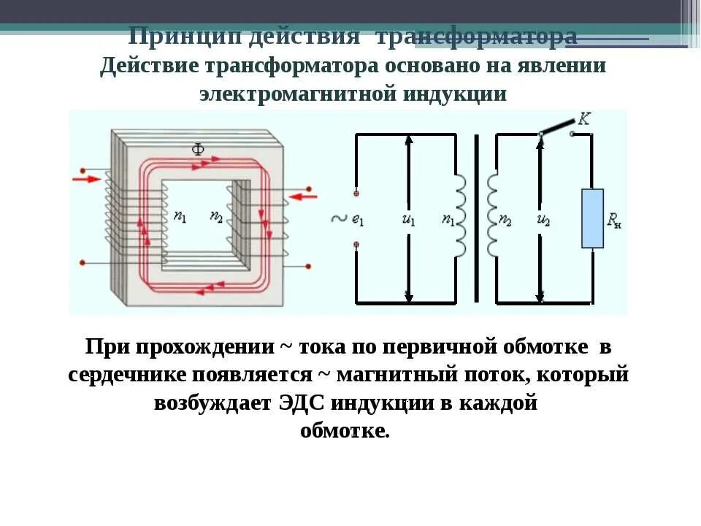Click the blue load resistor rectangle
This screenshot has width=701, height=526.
coord(592,218)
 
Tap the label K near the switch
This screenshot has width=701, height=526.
coord(583,119)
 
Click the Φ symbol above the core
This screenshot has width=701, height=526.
coord(198,150)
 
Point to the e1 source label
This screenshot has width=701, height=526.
coord(358,218)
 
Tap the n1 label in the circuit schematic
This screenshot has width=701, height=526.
coord(449,218)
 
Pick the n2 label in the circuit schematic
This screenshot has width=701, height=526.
coord(505,218)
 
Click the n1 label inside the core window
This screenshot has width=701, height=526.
coord(180,216)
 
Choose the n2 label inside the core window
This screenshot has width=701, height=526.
coord(216,216)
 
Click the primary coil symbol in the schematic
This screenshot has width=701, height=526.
coord(461,216)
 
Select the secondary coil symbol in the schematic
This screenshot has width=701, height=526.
coord(491,216)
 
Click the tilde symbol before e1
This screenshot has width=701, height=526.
coord(338,218)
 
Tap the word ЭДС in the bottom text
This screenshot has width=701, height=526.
coord(302,403)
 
